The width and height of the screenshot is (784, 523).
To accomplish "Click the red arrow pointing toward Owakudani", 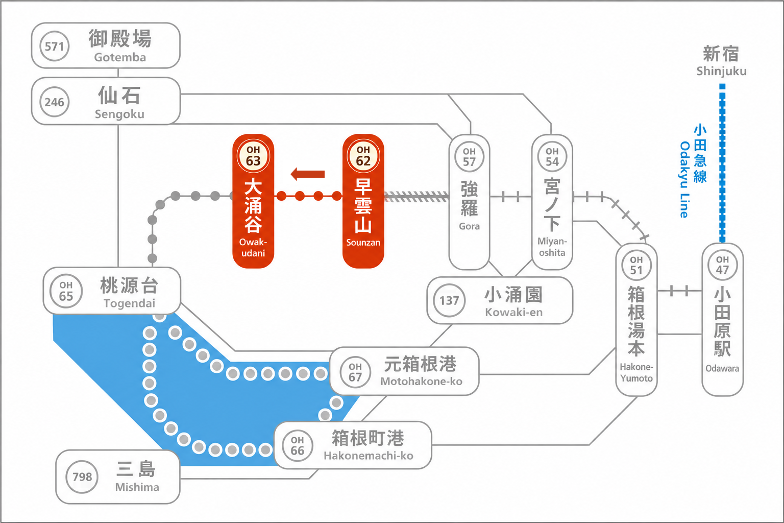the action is [308, 174].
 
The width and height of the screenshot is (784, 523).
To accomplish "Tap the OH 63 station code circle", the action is [253, 156].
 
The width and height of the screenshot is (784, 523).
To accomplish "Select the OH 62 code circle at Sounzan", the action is [363, 156].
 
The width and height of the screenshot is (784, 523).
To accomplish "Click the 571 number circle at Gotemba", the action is [54, 46].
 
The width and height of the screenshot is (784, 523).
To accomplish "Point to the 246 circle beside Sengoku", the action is [54, 102].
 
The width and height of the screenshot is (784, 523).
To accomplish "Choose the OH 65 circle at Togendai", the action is [66, 291].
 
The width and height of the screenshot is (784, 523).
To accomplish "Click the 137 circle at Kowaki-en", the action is [449, 300].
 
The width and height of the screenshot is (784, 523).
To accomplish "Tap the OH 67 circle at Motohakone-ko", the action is [355, 372].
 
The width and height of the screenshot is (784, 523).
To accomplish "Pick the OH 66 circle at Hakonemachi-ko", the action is [297, 445].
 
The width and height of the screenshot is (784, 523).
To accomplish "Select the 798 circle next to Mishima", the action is [82, 477].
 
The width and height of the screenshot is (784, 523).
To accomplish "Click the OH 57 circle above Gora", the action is [469, 157].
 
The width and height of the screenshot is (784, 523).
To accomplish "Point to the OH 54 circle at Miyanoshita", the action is [552, 157].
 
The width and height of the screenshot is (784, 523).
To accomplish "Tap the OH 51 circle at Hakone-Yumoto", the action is [636, 265].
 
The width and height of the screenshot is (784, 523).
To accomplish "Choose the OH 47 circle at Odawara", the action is [722, 265].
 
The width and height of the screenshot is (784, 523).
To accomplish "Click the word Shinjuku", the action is [721, 71].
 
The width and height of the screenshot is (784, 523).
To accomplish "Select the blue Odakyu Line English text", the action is [684, 179].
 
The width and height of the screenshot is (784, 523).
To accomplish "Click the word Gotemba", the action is [120, 57].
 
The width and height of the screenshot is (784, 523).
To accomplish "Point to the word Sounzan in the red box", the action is [363, 242].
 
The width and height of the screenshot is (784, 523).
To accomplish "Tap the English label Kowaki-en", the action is [514, 312].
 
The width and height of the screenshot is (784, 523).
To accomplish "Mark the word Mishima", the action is [137, 487].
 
